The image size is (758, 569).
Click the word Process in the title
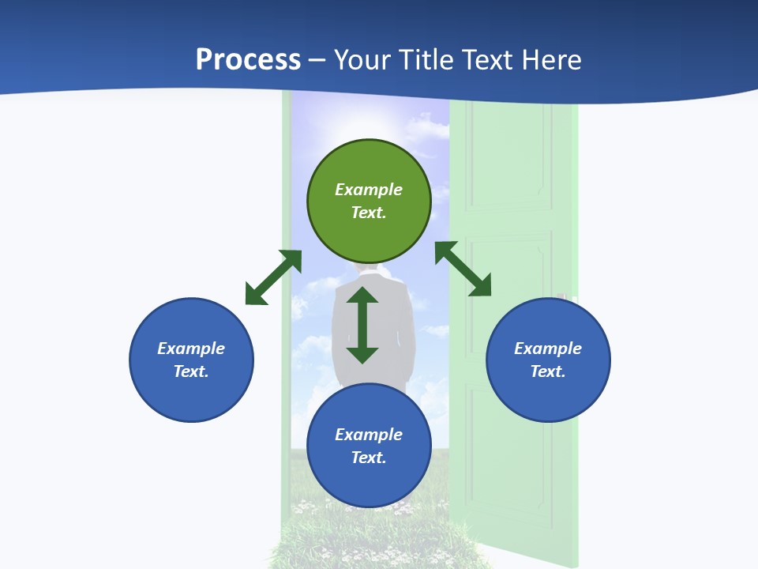(x=248, y=60)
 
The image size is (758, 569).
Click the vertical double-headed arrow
(x=362, y=325)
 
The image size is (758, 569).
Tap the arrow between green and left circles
(x=273, y=277)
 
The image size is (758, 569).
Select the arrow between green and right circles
(x=463, y=269)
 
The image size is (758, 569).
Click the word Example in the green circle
(x=369, y=190)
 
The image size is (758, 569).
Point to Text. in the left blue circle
(x=191, y=371)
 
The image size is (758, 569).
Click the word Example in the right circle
(x=548, y=349)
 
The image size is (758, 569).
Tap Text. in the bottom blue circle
(x=369, y=458)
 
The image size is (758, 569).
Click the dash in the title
(x=317, y=60)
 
